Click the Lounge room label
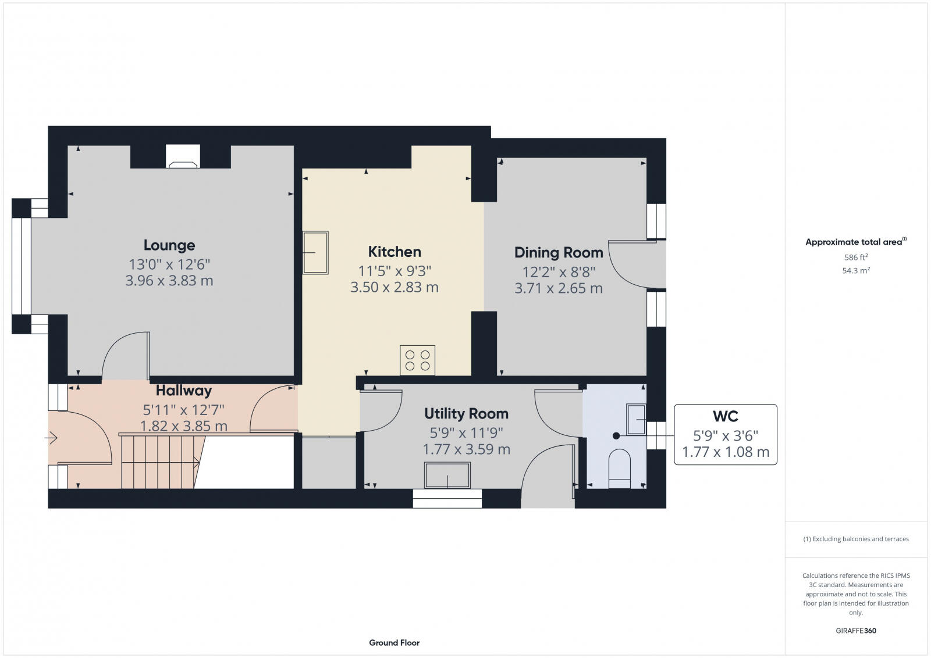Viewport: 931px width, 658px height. (x=169, y=245)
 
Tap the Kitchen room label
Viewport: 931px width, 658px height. (x=395, y=252)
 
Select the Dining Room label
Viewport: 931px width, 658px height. (x=559, y=252)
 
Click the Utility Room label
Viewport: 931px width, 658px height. (x=466, y=414)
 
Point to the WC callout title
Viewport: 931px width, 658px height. (x=725, y=416)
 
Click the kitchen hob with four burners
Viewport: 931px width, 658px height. (x=417, y=360)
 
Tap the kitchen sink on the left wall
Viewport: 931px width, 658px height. (x=315, y=253)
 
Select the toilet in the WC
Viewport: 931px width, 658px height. (x=619, y=469)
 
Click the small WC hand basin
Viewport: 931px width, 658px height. (x=636, y=419)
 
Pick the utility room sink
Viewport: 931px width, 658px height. (x=447, y=475)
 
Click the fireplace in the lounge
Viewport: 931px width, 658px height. (x=183, y=157)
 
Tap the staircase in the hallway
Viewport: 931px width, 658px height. (x=160, y=462)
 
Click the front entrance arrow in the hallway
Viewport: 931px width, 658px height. (x=51, y=438)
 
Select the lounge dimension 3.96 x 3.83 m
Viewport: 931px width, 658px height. (x=169, y=281)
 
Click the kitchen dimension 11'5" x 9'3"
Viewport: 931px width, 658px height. (x=395, y=270)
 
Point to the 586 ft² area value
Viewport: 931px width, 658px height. (x=856, y=257)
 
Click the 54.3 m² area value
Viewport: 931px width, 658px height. (x=856, y=270)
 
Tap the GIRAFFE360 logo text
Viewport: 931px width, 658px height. (x=856, y=631)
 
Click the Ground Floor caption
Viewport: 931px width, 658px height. (x=394, y=642)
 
